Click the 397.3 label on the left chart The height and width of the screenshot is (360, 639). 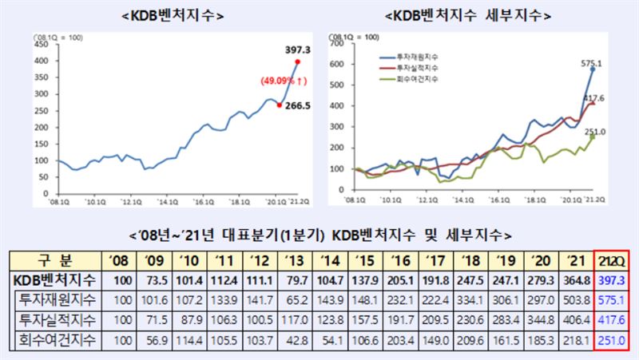296,49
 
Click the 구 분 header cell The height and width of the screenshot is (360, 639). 55,261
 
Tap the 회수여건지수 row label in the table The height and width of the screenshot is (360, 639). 55,342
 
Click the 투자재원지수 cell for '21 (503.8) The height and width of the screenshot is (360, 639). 573,301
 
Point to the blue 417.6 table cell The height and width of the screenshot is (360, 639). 613,321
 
